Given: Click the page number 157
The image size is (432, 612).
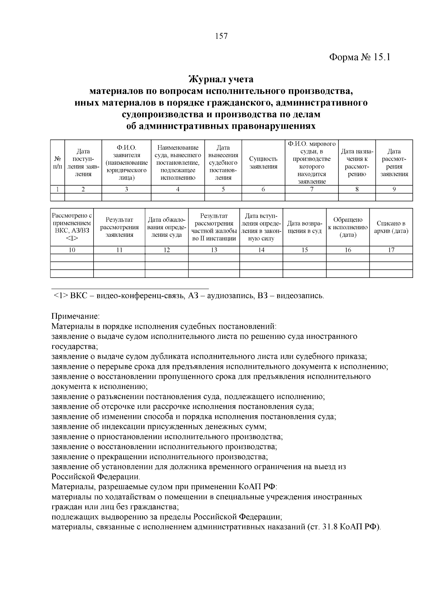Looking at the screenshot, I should (221, 36).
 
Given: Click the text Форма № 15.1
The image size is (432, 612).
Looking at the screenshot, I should (360, 58).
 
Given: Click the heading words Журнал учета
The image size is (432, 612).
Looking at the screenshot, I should (221, 79).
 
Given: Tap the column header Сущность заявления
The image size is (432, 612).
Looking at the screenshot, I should (263, 163).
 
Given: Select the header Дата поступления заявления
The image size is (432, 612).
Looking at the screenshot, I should (83, 163).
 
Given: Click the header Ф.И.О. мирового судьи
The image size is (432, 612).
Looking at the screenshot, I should (311, 163).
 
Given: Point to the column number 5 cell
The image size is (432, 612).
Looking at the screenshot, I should (223, 190).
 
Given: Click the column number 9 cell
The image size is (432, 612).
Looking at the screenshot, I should (394, 190).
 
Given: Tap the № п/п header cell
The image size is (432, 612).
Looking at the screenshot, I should (58, 163).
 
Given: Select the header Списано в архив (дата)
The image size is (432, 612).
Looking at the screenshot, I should (391, 227).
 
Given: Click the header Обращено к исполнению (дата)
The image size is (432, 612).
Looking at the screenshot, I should (348, 227).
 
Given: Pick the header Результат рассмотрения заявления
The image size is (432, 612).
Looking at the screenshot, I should (119, 227).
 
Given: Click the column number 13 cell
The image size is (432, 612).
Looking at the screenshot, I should (214, 250).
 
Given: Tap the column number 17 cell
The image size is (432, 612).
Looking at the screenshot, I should (391, 250).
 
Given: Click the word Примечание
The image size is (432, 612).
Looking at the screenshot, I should (75, 316).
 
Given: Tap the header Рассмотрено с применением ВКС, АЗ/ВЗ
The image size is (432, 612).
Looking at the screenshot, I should (72, 227).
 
